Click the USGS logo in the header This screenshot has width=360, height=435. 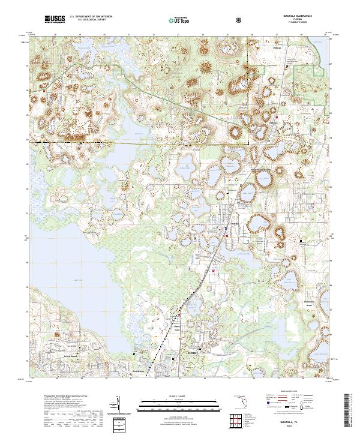[55, 20]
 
